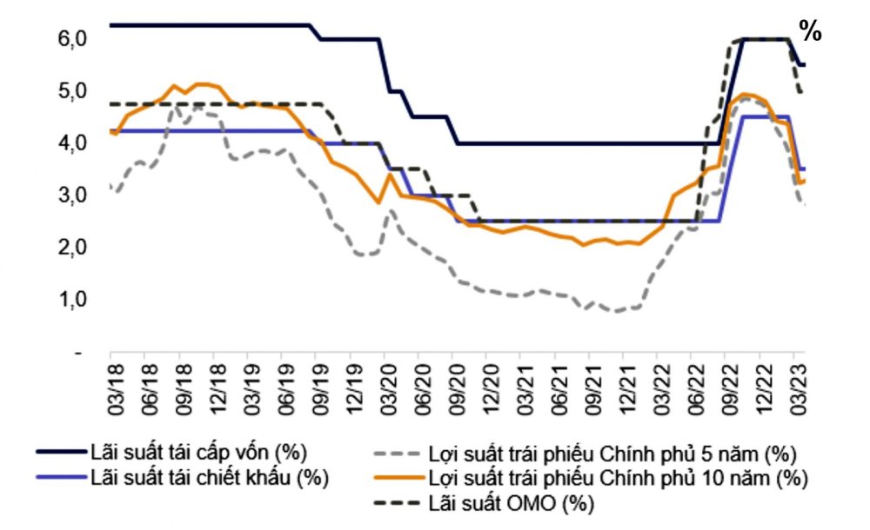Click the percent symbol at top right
click(x=811, y=31)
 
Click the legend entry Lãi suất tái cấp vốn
click(x=197, y=452)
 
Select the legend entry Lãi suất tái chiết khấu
click(x=209, y=476)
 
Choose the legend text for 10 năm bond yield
click(x=617, y=477)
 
